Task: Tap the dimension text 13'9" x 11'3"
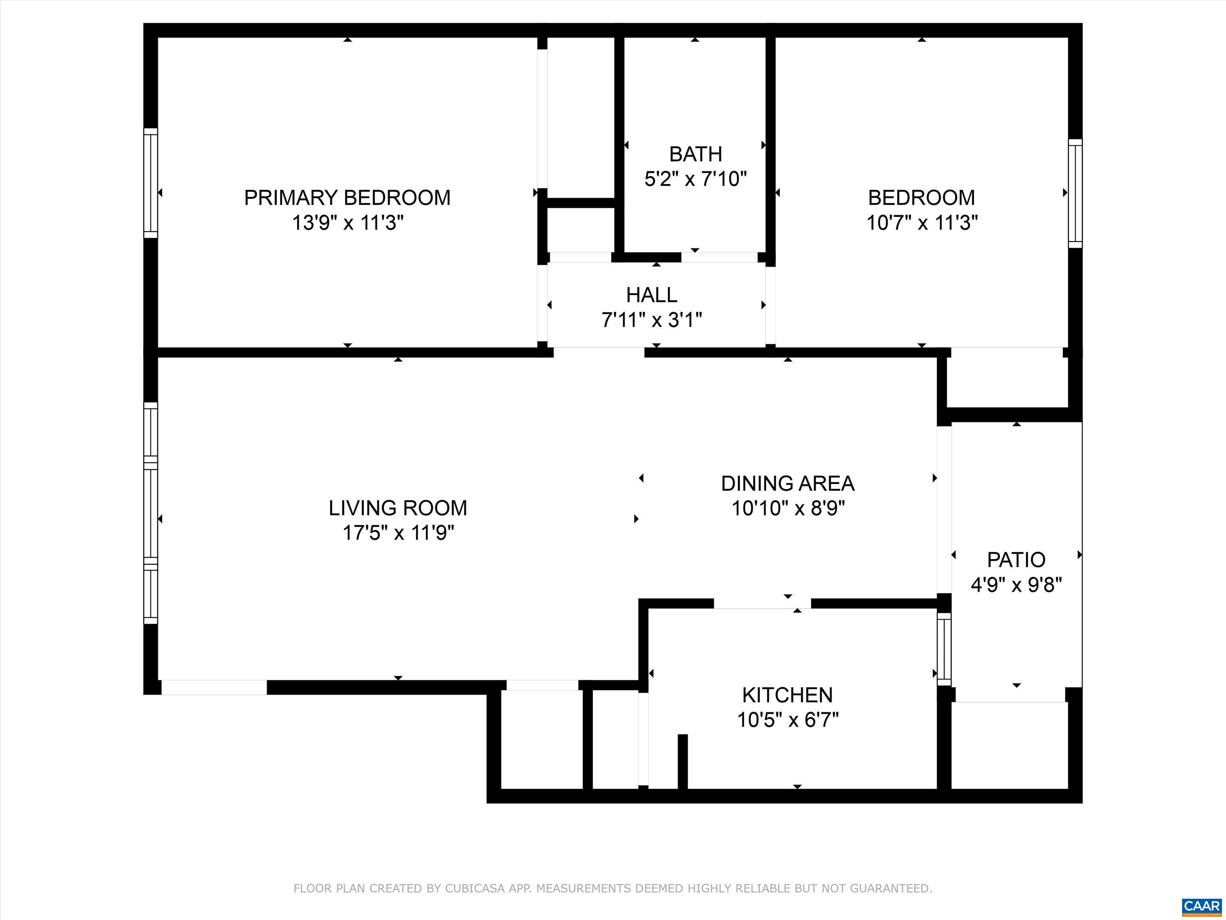point(348,223)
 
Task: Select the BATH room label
point(695,154)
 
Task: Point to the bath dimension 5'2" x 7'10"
point(696,179)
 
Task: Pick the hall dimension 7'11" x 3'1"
point(652,320)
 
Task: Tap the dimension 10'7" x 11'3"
point(922,223)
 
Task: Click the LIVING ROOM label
point(398,508)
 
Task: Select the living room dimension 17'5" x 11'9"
point(398,533)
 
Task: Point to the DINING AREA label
point(787,484)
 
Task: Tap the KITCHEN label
point(787,695)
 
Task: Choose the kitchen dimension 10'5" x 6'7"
point(787,720)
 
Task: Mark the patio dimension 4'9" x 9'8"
point(1016,585)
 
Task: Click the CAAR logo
point(1202,906)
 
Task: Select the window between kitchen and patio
point(944,649)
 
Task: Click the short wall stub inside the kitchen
point(683,761)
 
